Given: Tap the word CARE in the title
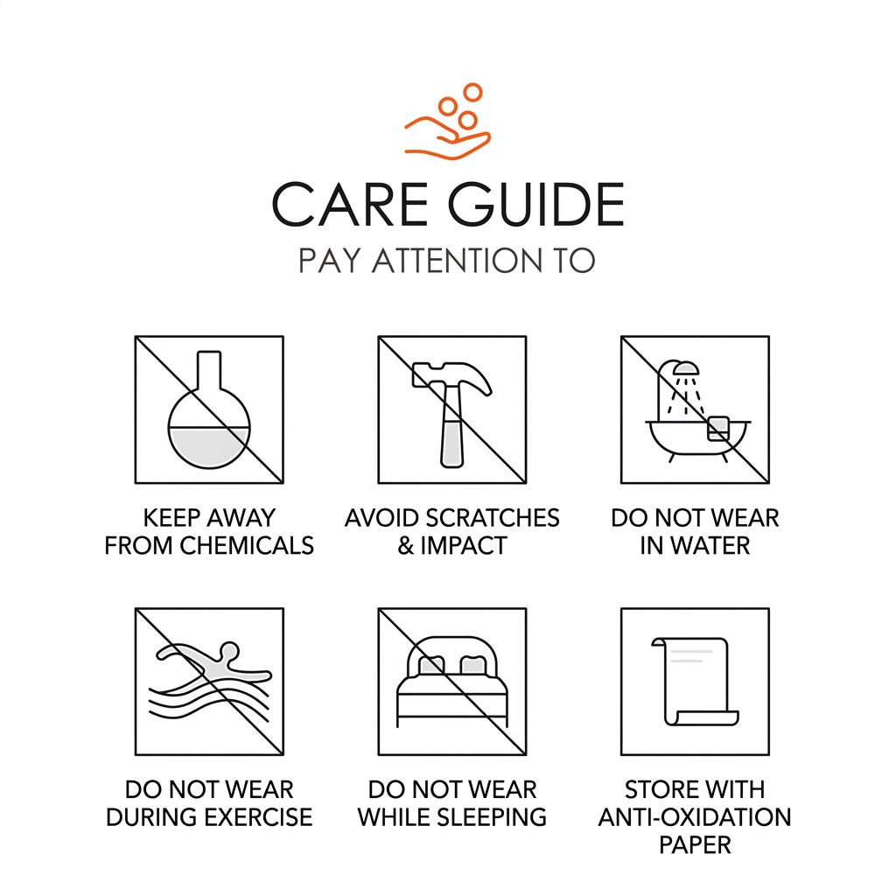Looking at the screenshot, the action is (350, 205).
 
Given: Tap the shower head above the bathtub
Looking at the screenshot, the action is (685, 367).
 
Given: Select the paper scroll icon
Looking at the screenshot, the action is (696, 681).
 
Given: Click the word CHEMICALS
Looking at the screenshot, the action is (247, 546).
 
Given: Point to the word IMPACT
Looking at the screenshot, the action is (464, 546).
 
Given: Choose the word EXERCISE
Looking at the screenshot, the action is (258, 817).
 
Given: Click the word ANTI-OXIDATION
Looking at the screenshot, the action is (695, 817).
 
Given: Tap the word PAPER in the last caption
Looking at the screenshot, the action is (695, 844).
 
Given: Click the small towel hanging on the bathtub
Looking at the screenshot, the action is (718, 429).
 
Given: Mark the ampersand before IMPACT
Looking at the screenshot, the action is (406, 546).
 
